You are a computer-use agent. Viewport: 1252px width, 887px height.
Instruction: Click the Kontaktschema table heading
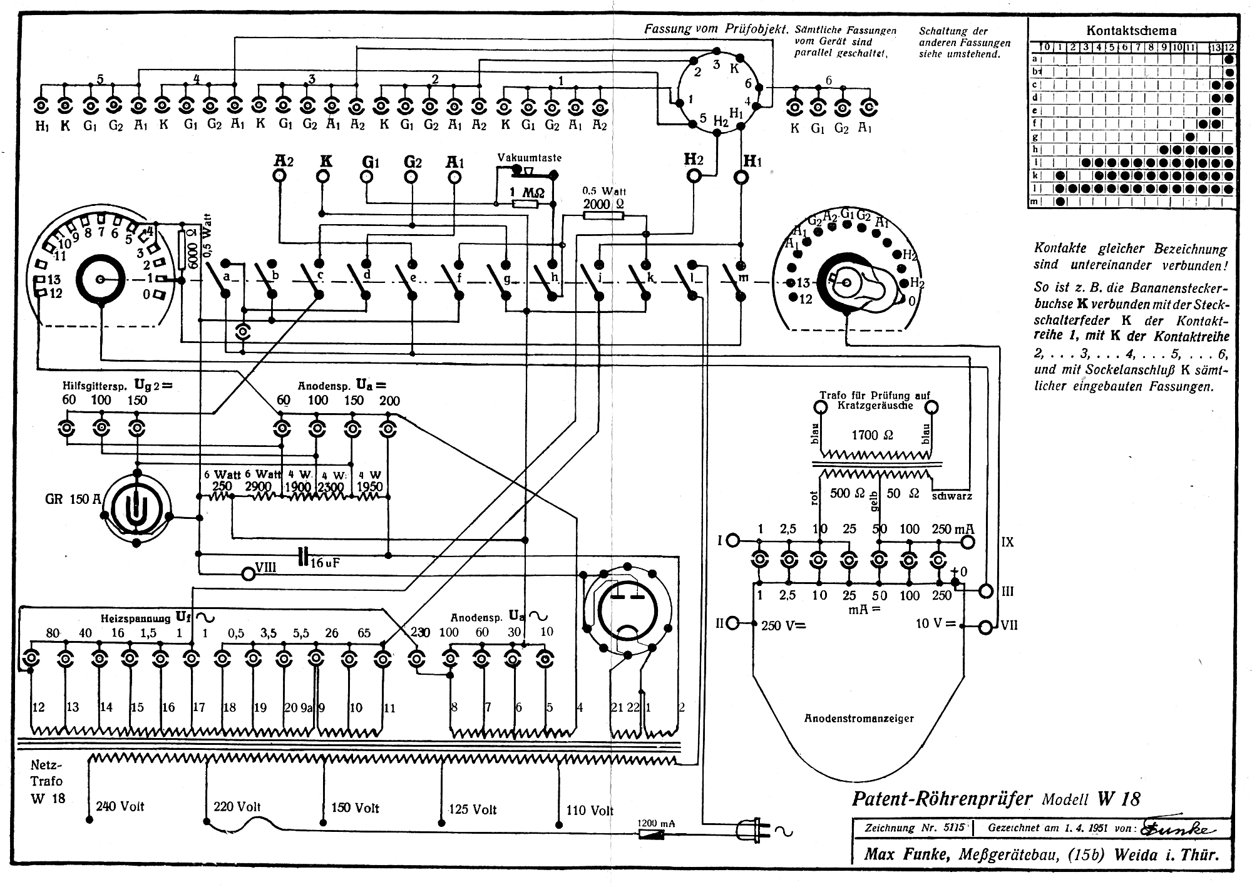[1131, 30]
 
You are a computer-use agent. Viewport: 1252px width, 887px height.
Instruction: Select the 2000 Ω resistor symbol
[603, 216]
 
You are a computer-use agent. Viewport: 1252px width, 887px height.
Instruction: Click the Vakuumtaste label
[530, 158]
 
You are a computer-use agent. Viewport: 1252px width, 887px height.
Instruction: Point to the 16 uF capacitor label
[325, 563]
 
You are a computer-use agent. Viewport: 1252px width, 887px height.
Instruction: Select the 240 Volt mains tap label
[120, 806]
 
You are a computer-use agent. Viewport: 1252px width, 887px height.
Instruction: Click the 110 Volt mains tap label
[589, 810]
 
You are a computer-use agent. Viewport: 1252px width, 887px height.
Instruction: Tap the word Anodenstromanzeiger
[859, 718]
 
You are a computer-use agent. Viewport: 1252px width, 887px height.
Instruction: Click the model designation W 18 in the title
[1119, 799]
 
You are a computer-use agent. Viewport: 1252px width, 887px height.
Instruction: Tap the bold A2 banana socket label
[284, 160]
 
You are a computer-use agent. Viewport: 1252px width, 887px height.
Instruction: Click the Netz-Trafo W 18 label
[47, 781]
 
